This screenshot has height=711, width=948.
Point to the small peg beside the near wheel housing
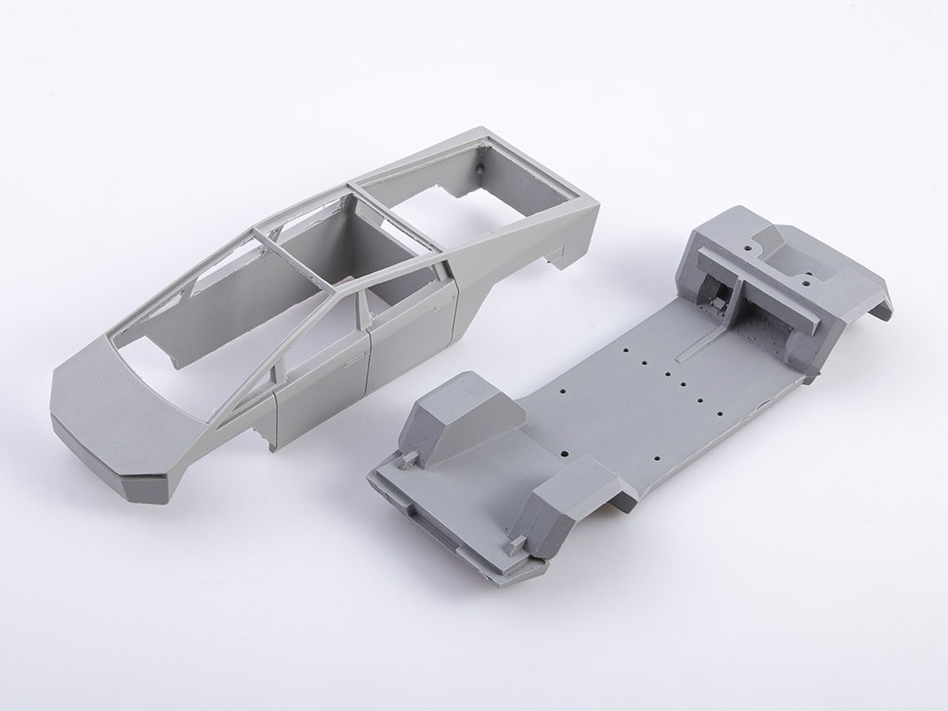517,544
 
